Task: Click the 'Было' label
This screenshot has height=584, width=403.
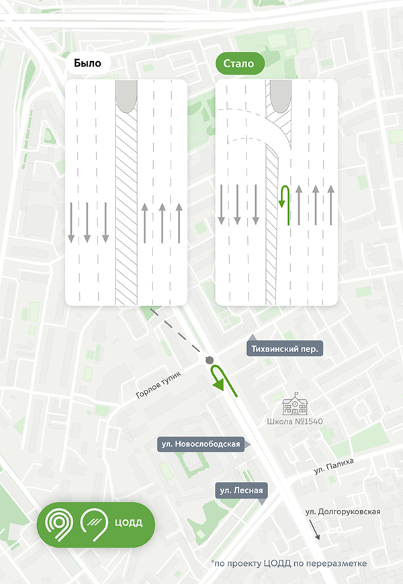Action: pyautogui.click(x=88, y=64)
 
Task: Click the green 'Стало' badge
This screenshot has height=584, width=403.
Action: pyautogui.click(x=240, y=64)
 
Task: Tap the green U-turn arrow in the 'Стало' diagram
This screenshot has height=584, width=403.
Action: pyautogui.click(x=284, y=205)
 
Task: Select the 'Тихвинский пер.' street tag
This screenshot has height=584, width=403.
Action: pyautogui.click(x=285, y=349)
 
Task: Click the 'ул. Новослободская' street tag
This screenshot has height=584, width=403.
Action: pyautogui.click(x=200, y=444)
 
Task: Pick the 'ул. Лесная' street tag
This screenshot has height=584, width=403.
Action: pyautogui.click(x=241, y=491)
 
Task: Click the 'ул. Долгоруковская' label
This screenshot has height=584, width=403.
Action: pyautogui.click(x=343, y=512)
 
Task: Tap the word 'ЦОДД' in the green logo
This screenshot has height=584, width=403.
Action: pyautogui.click(x=129, y=522)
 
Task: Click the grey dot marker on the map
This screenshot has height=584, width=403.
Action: pyautogui.click(x=210, y=361)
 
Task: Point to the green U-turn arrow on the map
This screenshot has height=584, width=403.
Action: pyautogui.click(x=220, y=378)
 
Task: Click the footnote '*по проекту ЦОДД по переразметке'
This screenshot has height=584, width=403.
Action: pyautogui.click(x=289, y=562)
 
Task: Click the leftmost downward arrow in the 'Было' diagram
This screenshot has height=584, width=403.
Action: pyautogui.click(x=71, y=222)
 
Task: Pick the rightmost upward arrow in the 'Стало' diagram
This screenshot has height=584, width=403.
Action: pyautogui.click(x=330, y=204)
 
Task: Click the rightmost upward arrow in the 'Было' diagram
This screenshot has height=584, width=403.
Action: pyautogui.click(x=179, y=222)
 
